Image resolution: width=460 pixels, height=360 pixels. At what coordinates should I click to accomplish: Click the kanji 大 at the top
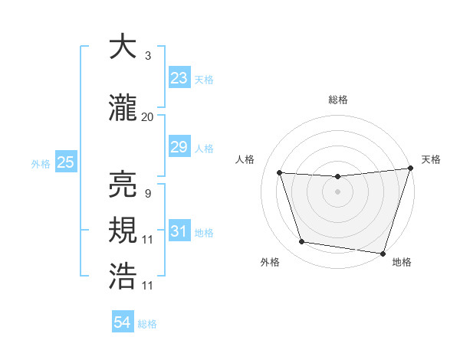[x=123, y=47]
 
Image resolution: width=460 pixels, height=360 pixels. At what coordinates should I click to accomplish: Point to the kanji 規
[x=123, y=231]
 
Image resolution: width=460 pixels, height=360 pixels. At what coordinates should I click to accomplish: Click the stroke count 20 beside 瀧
[x=148, y=117]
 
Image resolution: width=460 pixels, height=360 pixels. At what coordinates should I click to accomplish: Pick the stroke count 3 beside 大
[x=148, y=56]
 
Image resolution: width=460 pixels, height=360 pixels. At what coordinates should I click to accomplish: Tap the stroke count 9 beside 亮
[x=148, y=193]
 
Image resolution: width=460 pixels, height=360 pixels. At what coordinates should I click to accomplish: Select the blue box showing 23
[x=179, y=78]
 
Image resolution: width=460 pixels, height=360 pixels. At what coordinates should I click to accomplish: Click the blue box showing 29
[x=179, y=147]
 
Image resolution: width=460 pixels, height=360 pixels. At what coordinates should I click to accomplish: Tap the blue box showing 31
[x=179, y=231]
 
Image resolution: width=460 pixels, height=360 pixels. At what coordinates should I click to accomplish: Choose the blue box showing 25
[x=65, y=162]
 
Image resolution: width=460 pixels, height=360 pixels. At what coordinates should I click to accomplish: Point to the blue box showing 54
[x=123, y=322]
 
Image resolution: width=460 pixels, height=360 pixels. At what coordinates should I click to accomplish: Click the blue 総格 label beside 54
[x=147, y=324]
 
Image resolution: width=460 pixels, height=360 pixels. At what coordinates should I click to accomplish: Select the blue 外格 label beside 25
[x=41, y=163]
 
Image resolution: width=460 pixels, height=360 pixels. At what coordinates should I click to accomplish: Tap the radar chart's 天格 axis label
[x=431, y=159]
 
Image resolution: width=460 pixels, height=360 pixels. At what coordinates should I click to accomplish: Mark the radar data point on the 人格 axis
[x=280, y=173]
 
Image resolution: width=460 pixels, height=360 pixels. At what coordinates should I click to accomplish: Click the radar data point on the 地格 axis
[x=383, y=253]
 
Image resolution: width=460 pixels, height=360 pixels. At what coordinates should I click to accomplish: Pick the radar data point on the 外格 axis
[x=302, y=243]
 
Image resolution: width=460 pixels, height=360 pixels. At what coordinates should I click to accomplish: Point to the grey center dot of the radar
[x=337, y=191]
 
